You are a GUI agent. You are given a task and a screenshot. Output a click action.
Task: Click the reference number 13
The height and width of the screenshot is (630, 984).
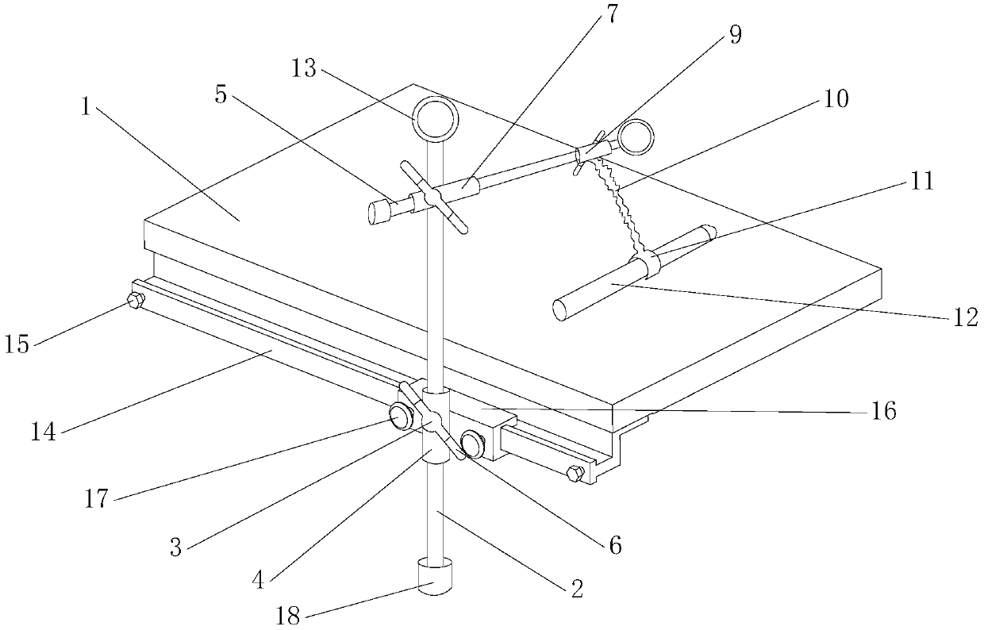tap(303, 70)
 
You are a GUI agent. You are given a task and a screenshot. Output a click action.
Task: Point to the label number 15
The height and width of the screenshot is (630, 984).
tap(17, 346)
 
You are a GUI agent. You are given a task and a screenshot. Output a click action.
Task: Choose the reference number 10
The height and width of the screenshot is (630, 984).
tap(836, 100)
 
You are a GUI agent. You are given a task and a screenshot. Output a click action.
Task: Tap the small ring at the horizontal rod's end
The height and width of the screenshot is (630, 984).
tap(636, 136)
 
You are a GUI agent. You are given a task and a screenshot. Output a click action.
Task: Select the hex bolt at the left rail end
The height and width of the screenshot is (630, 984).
tap(135, 300)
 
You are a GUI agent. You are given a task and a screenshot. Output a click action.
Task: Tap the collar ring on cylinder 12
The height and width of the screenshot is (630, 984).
tap(648, 264)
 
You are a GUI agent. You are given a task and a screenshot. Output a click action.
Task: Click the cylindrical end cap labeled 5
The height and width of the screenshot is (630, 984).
tap(382, 213)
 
